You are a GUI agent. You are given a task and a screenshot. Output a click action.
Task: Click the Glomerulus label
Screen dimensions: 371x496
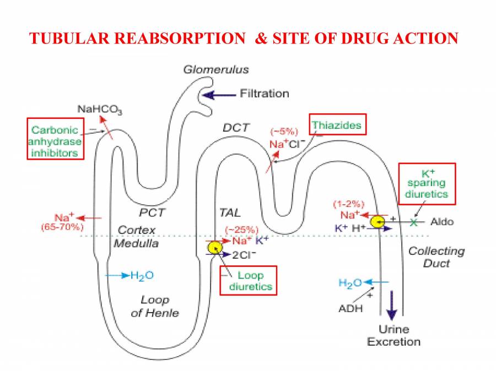pyautogui.click(x=215, y=69)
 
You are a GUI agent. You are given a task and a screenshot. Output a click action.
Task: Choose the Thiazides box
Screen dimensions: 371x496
pyautogui.click(x=337, y=125)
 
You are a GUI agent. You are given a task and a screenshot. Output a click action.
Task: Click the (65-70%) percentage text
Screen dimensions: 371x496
pyautogui.click(x=62, y=227)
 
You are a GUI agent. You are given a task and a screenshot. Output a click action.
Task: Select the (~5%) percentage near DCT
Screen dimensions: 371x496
pyautogui.click(x=284, y=132)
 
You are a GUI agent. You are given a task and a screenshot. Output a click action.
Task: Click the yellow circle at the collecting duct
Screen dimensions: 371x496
pyautogui.click(x=377, y=222)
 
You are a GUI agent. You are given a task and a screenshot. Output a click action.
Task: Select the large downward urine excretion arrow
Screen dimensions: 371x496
pyautogui.click(x=391, y=306)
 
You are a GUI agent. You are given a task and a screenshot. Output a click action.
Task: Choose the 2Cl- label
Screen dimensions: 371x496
pyautogui.click(x=243, y=254)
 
